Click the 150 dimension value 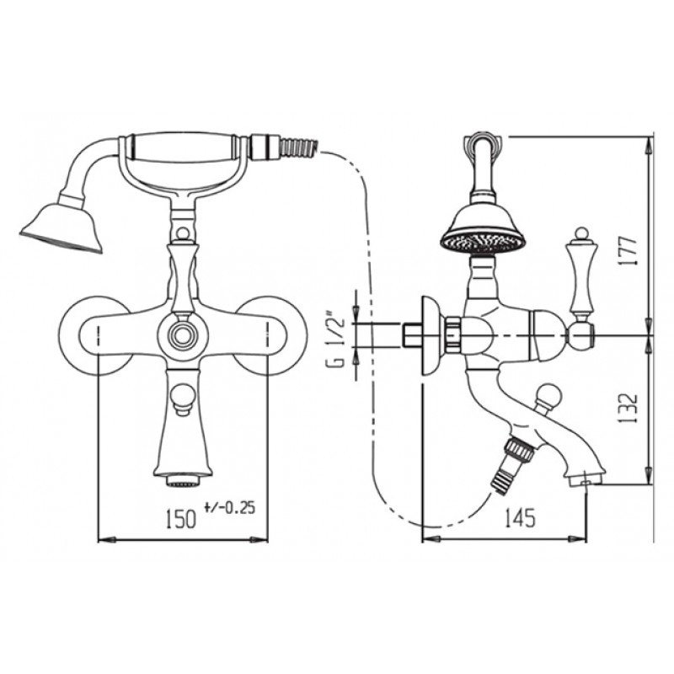pyautogui.click(x=180, y=519)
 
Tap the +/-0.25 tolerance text pyautogui.click(x=230, y=508)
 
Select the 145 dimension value pyautogui.click(x=520, y=517)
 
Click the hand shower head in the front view pyautogui.click(x=62, y=228)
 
